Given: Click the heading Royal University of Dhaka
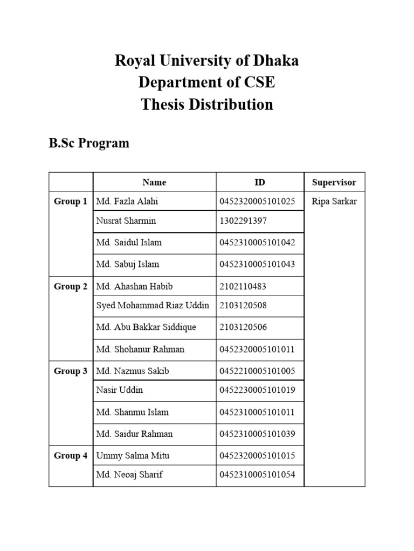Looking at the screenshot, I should click(206, 61).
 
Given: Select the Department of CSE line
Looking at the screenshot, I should click(206, 82).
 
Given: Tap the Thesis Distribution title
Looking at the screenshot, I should click(206, 104).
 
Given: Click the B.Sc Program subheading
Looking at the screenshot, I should click(89, 143).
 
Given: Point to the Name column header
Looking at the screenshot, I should click(154, 182).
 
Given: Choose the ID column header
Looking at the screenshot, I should click(260, 182).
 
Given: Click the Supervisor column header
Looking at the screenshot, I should click(334, 182).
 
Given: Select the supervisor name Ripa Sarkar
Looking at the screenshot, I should click(334, 202).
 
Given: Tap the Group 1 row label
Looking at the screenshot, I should click(71, 202).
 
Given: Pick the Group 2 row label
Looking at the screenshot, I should click(71, 287).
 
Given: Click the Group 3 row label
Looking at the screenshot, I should click(71, 371).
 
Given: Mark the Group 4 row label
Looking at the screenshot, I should click(71, 456).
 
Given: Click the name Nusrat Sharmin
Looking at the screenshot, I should click(126, 221).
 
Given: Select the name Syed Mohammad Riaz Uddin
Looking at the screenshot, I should click(153, 306).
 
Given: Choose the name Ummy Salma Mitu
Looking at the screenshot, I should click(133, 456).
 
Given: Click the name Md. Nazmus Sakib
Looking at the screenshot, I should click(133, 371).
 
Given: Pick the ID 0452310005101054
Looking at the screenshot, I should click(257, 475).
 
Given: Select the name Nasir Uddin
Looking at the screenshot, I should click(120, 390).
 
